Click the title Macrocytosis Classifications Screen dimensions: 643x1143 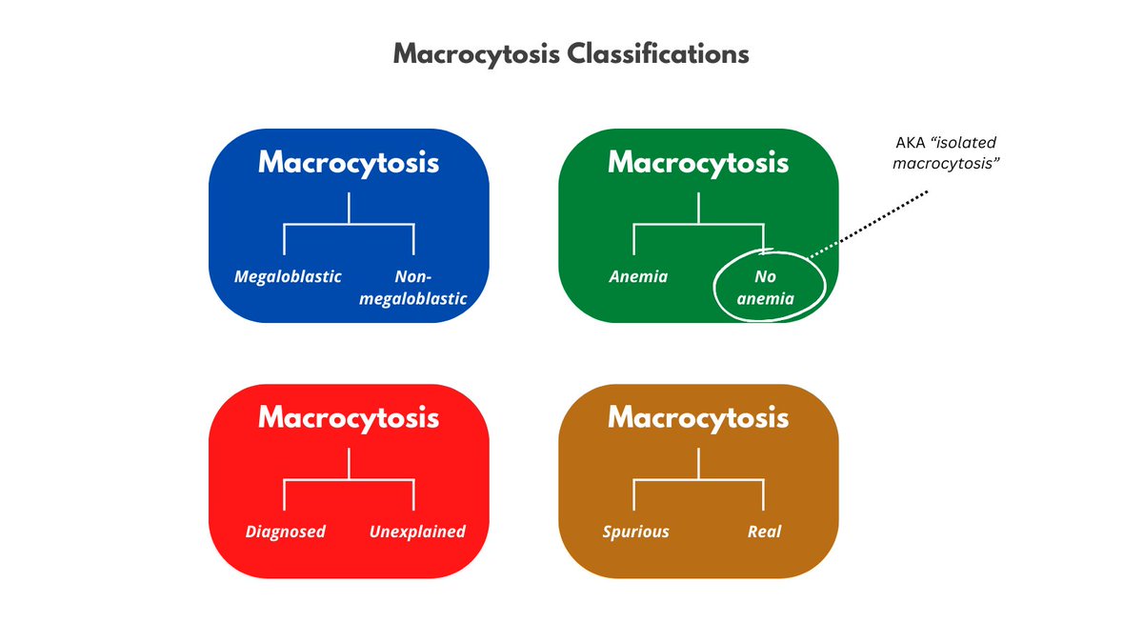click(571, 53)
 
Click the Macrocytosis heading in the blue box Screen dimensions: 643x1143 click(349, 163)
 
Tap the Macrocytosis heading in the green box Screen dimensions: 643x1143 click(698, 163)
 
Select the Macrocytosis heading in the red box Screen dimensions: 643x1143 click(349, 417)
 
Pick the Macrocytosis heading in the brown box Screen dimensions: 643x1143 click(698, 417)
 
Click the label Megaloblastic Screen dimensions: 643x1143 click(288, 277)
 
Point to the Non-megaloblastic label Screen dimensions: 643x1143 click(412, 288)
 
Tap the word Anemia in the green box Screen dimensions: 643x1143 click(638, 277)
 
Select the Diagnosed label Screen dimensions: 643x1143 click(286, 532)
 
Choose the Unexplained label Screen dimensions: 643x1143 click(417, 532)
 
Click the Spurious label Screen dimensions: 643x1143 click(636, 532)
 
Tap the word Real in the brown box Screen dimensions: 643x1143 click(764, 532)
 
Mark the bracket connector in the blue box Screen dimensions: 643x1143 click(349, 225)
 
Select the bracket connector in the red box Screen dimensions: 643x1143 click(349, 479)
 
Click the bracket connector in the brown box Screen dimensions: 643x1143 click(698, 479)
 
